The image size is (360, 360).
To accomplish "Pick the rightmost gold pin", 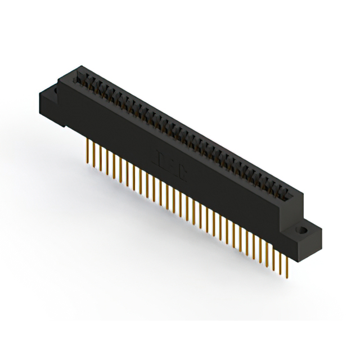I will pyautogui.click(x=287, y=264).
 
